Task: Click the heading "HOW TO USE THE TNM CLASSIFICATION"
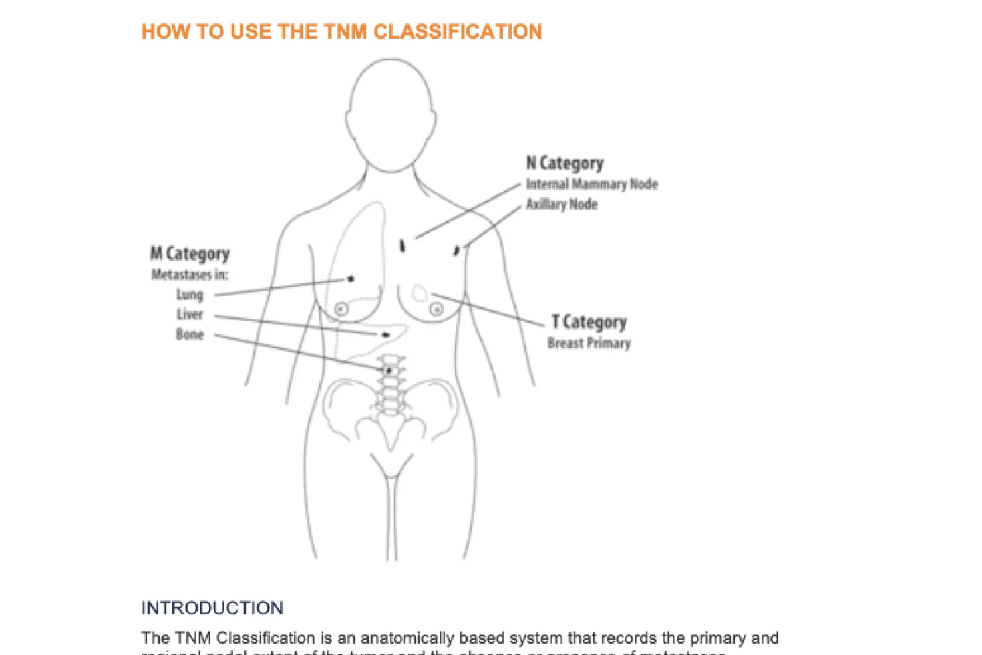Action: tap(341, 31)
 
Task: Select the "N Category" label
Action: tap(564, 163)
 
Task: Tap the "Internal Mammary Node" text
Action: tap(591, 184)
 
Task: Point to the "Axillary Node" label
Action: tap(561, 204)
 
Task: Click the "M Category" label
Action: tap(190, 254)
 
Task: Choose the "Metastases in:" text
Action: tap(190, 275)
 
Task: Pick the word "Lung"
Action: tap(190, 295)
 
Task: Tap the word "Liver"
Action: tap(190, 315)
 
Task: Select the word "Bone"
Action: tap(190, 334)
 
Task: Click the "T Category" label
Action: tap(589, 322)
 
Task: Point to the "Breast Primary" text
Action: tap(589, 343)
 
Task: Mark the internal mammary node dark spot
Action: tap(402, 246)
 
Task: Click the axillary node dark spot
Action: tap(457, 251)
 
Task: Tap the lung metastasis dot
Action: tap(351, 279)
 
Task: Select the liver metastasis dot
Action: tap(385, 334)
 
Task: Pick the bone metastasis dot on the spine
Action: tap(389, 370)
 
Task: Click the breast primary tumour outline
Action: tap(420, 292)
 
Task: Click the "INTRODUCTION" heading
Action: tap(212, 608)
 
